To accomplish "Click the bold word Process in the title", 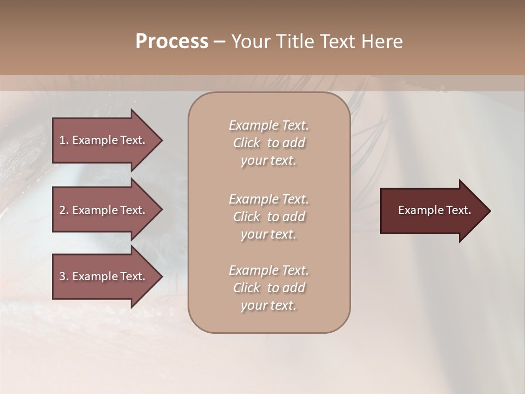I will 172,42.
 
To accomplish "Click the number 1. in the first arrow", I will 64,140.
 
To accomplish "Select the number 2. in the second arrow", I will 64,210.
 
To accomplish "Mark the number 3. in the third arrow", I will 64,276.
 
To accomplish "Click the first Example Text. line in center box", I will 269,125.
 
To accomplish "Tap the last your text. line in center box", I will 269,305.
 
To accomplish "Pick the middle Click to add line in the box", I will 269,217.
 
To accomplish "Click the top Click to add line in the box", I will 269,143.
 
